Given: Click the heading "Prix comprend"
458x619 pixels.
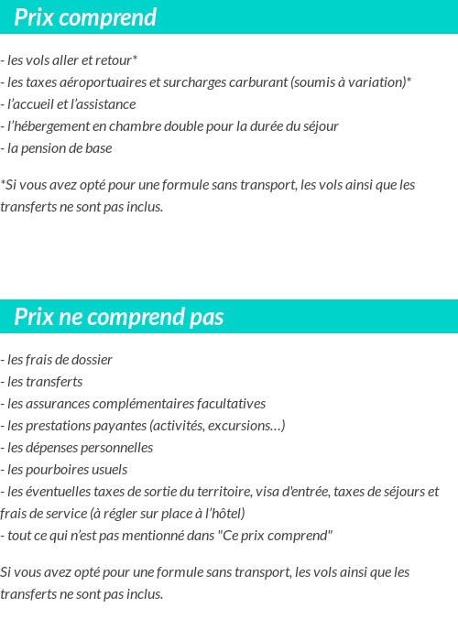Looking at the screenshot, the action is (85, 17).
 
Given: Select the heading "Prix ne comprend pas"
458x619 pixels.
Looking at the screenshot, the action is (118, 317).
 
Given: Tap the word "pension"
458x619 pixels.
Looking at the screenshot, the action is (49, 148).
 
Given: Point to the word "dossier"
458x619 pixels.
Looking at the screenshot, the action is (91, 360).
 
